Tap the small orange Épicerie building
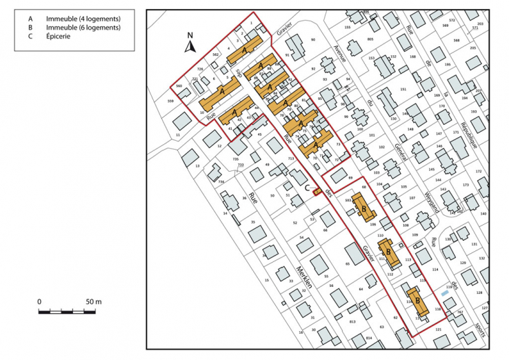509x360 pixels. tap(317, 192)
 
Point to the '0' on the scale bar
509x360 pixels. tap(40, 302)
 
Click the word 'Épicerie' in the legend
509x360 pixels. tap(59, 36)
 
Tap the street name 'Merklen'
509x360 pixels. tap(304, 276)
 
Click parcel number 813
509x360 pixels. tap(353, 322)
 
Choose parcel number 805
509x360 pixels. tap(370, 39)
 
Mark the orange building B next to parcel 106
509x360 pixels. tap(363, 206)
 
